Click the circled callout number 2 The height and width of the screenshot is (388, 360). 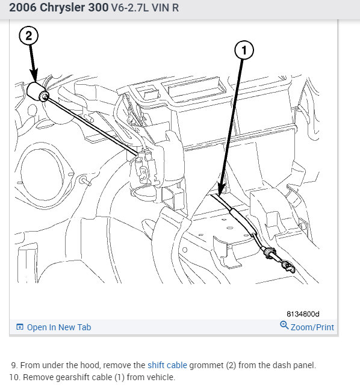coord(28,36)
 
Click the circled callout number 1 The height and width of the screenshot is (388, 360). coord(244,51)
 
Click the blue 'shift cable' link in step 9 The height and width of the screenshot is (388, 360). coord(167,365)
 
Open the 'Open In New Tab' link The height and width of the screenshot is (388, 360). coord(59,327)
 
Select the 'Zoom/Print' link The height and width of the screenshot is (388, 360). coord(312,327)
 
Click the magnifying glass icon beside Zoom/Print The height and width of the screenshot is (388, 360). coord(284,325)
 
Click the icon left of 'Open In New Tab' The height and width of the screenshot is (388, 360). coord(19,327)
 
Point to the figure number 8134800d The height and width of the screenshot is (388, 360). coord(303,314)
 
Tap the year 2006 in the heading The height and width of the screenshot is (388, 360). coord(23,7)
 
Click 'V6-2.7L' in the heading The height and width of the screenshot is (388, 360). coord(130,8)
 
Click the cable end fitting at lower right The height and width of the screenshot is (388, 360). coord(288,266)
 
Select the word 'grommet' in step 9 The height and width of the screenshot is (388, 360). coord(206,365)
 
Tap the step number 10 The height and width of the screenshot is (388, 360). coord(14,377)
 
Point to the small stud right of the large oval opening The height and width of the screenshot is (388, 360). coord(85,180)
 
